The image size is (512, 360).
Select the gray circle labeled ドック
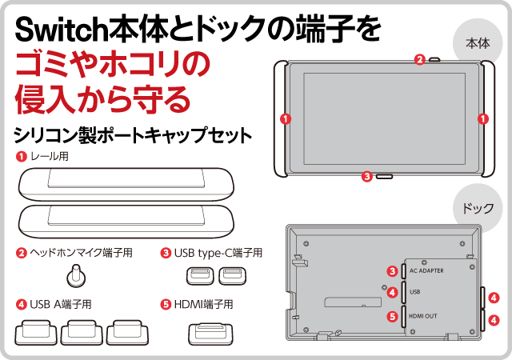(477, 207)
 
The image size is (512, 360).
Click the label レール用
(49, 157)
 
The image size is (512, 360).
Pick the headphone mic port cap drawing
(77, 276)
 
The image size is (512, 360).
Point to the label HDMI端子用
(203, 304)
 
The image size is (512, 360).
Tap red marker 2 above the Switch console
(420, 59)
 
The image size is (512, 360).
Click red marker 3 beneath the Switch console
(366, 177)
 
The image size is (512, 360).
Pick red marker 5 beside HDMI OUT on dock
(392, 316)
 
